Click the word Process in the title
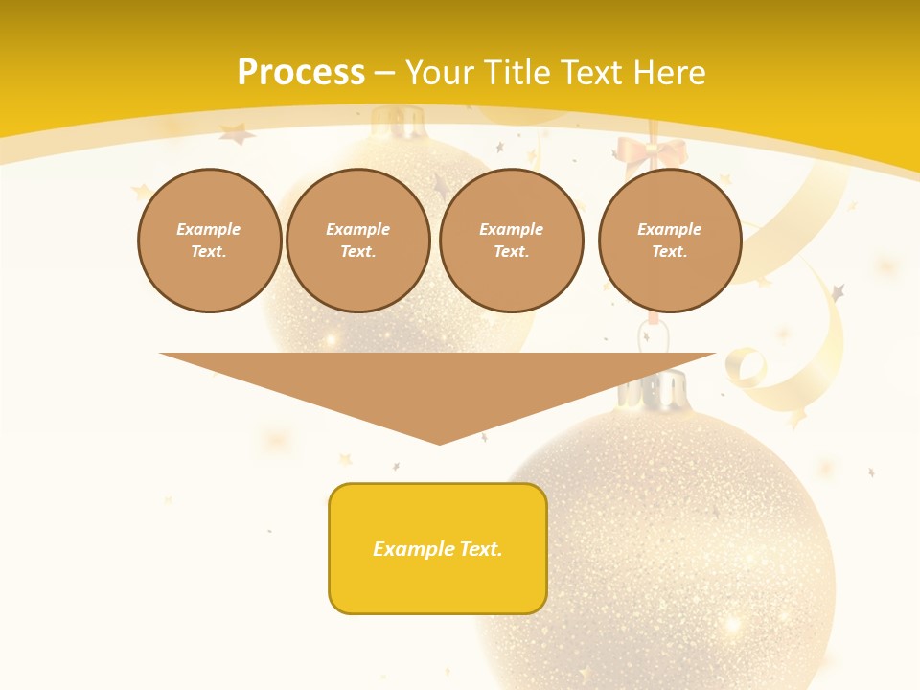click(x=301, y=73)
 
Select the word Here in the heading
click(x=668, y=73)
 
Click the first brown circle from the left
click(x=209, y=241)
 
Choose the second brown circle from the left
click(x=358, y=241)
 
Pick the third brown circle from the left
click(x=512, y=241)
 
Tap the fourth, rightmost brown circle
click(x=670, y=241)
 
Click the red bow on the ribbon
click(x=652, y=152)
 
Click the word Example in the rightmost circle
click(x=670, y=229)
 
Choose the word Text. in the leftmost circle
click(x=209, y=252)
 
